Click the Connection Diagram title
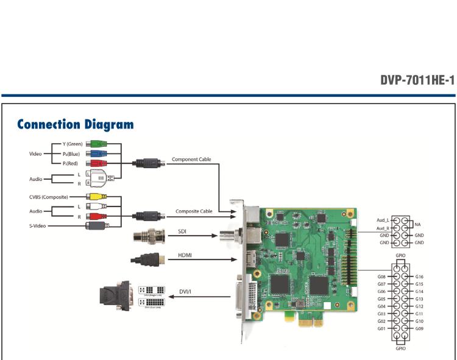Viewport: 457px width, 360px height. pyautogui.click(x=75, y=125)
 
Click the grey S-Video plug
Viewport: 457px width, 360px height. pyautogui.click(x=98, y=226)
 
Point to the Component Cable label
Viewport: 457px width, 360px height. pyautogui.click(x=191, y=160)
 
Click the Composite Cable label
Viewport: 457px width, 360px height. pyautogui.click(x=193, y=211)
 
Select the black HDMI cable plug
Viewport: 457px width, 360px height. pyautogui.click(x=147, y=259)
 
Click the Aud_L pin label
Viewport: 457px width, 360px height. pyautogui.click(x=383, y=220)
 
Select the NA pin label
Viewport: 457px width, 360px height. pyautogui.click(x=417, y=224)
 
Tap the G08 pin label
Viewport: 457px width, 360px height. pyautogui.click(x=381, y=277)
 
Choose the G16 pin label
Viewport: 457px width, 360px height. pyautogui.click(x=419, y=277)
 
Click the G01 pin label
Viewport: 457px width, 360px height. pyautogui.click(x=381, y=329)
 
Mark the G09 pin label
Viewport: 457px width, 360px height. pyautogui.click(x=419, y=329)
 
